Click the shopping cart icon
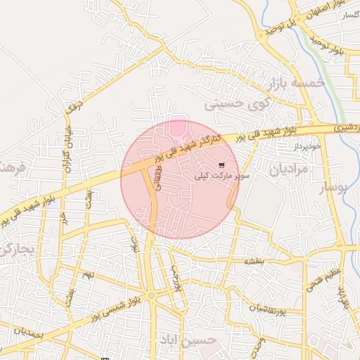point(221,165)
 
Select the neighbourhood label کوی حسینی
point(233,105)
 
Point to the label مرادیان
point(288,169)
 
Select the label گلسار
point(350,15)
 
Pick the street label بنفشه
point(253,261)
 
